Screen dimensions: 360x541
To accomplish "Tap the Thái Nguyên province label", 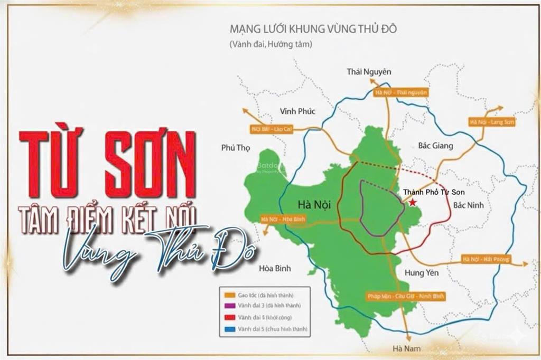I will coord(369,71).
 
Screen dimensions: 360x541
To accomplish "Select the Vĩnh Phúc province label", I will coord(297,111).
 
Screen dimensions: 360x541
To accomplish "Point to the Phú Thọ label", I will coord(235,148).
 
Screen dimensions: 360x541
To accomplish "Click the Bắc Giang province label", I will coord(435,146).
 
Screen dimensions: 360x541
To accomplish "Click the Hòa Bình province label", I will coord(275,268).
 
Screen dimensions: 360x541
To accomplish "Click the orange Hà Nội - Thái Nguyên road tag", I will coord(400,92).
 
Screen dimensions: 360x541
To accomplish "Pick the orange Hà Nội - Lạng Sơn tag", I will coord(484,122).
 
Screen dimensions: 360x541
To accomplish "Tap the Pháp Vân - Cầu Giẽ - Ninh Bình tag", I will coord(406,296).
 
